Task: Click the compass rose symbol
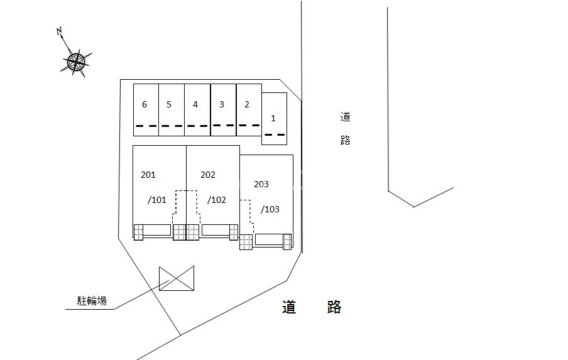point(76,61)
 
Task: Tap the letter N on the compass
point(59,30)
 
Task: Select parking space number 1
point(273,118)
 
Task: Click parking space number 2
point(247,105)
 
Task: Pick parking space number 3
point(222,105)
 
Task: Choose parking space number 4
point(195,105)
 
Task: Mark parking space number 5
point(169,105)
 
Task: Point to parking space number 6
point(145,105)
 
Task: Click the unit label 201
point(148,175)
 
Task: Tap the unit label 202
point(208,175)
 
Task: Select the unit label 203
point(261,184)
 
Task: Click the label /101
point(157,200)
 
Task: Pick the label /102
point(217,200)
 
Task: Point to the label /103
point(270,209)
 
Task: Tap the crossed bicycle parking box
point(177,278)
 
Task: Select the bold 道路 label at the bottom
point(312,307)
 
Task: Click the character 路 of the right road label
point(345,140)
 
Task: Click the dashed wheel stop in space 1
point(274,134)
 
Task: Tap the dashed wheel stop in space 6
point(146,126)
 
